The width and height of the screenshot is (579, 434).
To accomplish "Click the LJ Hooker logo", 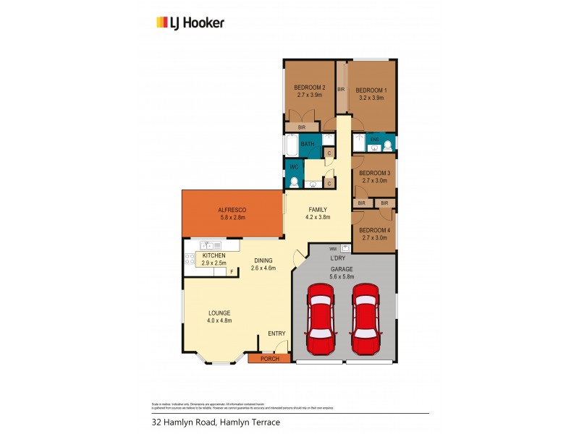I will (x=190, y=22).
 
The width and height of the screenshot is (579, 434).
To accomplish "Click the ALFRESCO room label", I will (x=232, y=210).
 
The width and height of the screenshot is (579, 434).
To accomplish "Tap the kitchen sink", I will (x=206, y=246).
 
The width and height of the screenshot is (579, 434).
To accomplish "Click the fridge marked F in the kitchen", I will (x=232, y=272).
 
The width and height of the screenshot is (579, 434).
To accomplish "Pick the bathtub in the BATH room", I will (x=289, y=146).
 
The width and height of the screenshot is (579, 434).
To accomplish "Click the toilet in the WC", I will (x=294, y=183).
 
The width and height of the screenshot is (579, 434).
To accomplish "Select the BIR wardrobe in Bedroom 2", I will (x=301, y=127).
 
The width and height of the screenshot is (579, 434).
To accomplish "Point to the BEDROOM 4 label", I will (x=374, y=230).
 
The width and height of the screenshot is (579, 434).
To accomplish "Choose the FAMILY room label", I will (x=318, y=209).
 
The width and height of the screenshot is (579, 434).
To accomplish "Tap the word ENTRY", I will (x=276, y=333).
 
